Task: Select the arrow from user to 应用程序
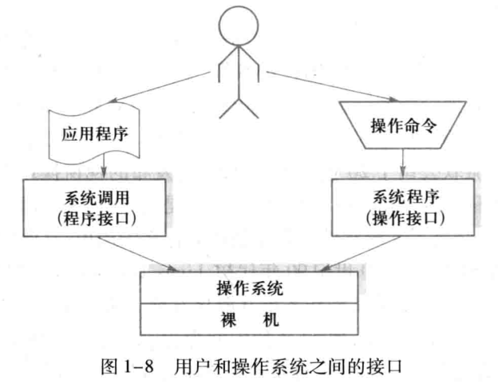152,91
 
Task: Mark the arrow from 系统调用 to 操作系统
152,252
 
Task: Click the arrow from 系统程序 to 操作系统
351,252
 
